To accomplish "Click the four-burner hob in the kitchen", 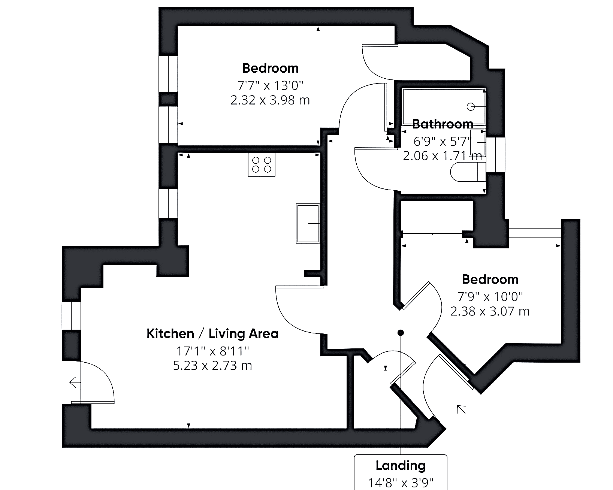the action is pyautogui.click(x=262, y=165).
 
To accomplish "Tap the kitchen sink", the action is pyautogui.click(x=308, y=223).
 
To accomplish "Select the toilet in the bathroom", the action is pyautogui.click(x=468, y=172).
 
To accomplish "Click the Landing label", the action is pyautogui.click(x=401, y=466).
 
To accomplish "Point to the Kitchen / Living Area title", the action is pyautogui.click(x=212, y=334).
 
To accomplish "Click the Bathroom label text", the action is pyautogui.click(x=443, y=124).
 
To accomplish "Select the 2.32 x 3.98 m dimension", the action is pyautogui.click(x=270, y=100).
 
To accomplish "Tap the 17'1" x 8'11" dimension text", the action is pyautogui.click(x=213, y=351).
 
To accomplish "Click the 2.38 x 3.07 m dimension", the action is pyautogui.click(x=490, y=311).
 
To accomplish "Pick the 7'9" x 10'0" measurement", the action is pyautogui.click(x=490, y=297).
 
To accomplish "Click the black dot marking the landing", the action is pyautogui.click(x=401, y=333).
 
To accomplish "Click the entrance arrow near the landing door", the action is pyautogui.click(x=462, y=409).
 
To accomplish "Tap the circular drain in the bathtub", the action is pyautogui.click(x=471, y=107).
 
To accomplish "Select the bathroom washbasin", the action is pyautogui.click(x=477, y=142).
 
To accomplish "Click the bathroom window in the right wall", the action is pyautogui.click(x=495, y=155).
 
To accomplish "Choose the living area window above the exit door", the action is pyautogui.click(x=71, y=316).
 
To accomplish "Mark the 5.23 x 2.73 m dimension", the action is pyautogui.click(x=212, y=366).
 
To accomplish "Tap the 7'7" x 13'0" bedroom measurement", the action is pyautogui.click(x=270, y=85).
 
